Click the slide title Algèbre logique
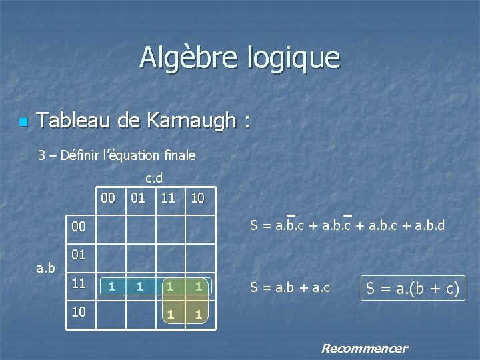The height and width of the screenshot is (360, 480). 239,57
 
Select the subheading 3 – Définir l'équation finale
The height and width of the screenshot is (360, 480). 117,155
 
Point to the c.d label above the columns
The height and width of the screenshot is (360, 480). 154,178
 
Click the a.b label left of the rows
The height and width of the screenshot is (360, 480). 46,268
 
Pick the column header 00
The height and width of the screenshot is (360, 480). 109,198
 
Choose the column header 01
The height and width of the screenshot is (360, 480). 139,198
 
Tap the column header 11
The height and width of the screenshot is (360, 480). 168,198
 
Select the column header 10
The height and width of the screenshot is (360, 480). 198,198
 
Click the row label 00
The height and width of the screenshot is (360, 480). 79,227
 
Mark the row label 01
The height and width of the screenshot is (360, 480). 79,255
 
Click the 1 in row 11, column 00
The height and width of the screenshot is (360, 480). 113,287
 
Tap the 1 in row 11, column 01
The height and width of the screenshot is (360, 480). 139,287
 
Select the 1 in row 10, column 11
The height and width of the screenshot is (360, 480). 171,314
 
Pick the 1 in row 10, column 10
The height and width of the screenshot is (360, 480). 198,314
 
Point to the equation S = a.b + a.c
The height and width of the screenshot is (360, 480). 290,287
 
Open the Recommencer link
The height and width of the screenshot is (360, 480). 364,348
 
